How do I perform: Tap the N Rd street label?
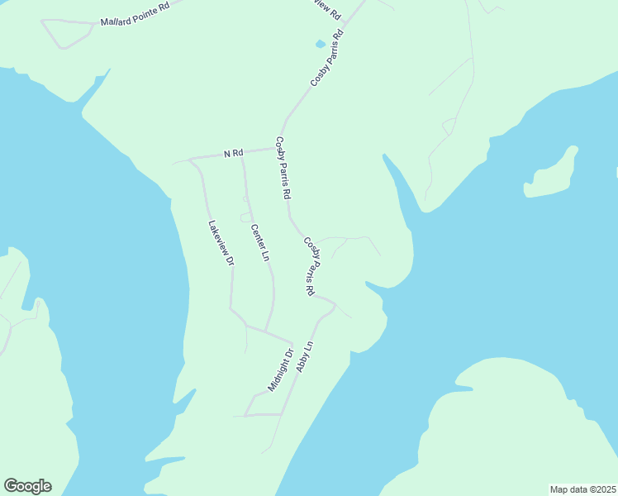[233, 153]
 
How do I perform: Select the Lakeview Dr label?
[221, 242]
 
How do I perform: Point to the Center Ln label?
[259, 243]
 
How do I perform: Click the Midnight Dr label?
[281, 371]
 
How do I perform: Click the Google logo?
[27, 486]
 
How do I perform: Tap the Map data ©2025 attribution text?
[582, 489]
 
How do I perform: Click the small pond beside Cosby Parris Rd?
[320, 44]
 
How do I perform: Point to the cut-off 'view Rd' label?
[326, 9]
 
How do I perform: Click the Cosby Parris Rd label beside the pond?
[326, 59]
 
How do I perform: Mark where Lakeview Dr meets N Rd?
[191, 158]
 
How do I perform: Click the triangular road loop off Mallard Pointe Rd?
[66, 32]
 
